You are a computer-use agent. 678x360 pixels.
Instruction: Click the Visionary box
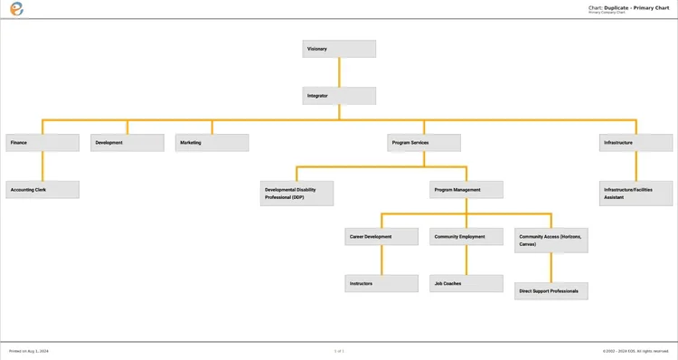click(339, 49)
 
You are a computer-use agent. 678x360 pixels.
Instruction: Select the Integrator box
click(339, 96)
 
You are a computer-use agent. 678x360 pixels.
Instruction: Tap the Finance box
click(42, 143)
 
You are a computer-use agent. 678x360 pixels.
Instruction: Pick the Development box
click(127, 143)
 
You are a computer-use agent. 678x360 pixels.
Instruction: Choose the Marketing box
click(212, 143)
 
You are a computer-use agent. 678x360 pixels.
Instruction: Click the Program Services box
click(424, 143)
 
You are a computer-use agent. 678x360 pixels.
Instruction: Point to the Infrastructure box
click(636, 143)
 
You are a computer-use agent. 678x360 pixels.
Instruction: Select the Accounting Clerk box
click(42, 190)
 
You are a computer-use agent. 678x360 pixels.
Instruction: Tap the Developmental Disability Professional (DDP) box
click(297, 194)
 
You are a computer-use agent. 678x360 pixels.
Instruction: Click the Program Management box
click(466, 190)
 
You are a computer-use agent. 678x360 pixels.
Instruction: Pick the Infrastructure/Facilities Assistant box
click(636, 194)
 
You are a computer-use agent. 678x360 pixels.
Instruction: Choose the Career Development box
click(381, 237)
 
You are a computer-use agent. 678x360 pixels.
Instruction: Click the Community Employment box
click(466, 237)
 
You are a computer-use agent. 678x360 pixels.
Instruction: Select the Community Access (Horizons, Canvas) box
click(551, 241)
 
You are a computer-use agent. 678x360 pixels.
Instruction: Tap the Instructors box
click(381, 284)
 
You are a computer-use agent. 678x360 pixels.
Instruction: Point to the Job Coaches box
click(466, 284)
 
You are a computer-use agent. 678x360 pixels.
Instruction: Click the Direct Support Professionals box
click(551, 291)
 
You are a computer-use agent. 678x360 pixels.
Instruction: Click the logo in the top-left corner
click(16, 9)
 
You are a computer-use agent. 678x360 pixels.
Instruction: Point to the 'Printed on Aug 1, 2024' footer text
click(29, 351)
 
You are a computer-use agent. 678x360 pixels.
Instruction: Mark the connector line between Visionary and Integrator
click(339, 72)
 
